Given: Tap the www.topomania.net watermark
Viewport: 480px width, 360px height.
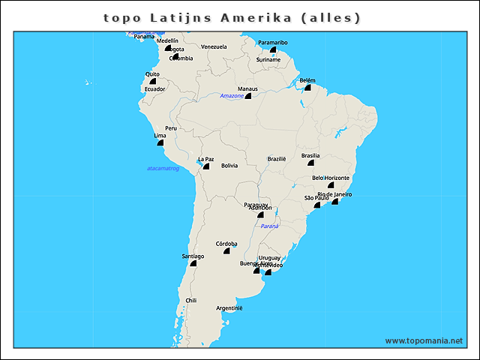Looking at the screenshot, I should [x=423, y=340].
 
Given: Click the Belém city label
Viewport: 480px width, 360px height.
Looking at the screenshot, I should [x=307, y=80].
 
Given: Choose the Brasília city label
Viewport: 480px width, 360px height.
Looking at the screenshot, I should [x=310, y=156].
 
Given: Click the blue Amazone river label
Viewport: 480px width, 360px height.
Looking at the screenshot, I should [x=232, y=96].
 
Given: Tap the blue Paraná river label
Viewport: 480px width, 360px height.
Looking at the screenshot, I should [x=269, y=226].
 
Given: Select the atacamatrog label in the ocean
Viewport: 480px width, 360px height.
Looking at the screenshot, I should [x=163, y=169].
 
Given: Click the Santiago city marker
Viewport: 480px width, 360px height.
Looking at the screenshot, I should [x=193, y=263].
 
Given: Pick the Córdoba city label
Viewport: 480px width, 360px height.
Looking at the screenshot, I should [x=226, y=244].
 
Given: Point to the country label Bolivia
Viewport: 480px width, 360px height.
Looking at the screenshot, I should [x=229, y=166].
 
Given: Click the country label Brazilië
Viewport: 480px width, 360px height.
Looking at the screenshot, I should [x=277, y=159].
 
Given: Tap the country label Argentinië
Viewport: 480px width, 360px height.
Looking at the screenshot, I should [x=229, y=308].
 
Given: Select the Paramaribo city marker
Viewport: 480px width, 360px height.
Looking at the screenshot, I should [x=273, y=50].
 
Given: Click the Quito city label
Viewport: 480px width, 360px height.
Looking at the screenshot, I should [x=152, y=73].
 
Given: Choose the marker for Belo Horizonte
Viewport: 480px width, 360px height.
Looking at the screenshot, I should [x=331, y=184].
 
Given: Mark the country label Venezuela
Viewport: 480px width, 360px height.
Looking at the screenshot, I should [x=214, y=46].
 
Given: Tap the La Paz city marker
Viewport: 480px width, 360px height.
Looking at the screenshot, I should [x=205, y=166].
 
